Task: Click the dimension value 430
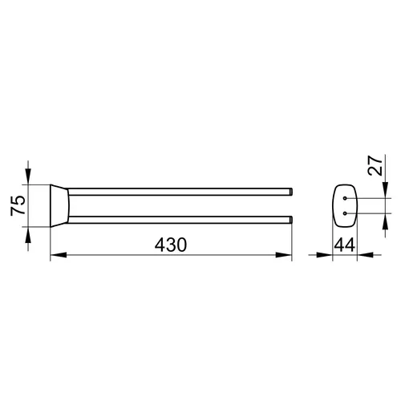171,245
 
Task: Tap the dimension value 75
18,205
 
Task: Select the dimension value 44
345,245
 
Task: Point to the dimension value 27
375,166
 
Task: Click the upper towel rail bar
179,192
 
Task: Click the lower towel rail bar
179,220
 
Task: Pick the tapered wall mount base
59,205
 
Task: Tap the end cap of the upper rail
291,192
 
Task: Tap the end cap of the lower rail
291,220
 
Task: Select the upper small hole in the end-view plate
345,198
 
